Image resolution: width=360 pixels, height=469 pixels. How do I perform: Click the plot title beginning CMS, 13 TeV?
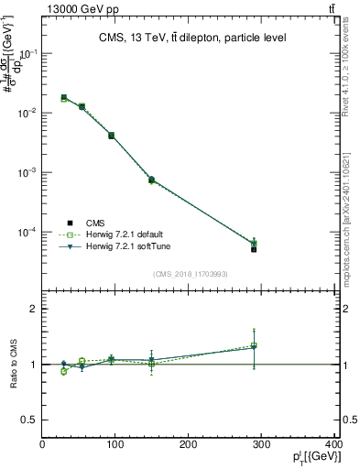192,38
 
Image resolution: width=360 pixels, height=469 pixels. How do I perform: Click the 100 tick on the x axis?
115,445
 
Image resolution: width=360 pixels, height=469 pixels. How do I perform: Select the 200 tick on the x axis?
189,445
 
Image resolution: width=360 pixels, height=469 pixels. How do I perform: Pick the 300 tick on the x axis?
262,445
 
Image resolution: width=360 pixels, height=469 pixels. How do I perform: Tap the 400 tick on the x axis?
333,445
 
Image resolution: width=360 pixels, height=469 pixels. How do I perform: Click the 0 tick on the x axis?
43,445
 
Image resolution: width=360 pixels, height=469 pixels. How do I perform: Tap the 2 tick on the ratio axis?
34,309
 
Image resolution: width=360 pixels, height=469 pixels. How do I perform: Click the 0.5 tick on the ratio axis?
29,420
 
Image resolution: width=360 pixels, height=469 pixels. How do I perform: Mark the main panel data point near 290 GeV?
254,248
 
